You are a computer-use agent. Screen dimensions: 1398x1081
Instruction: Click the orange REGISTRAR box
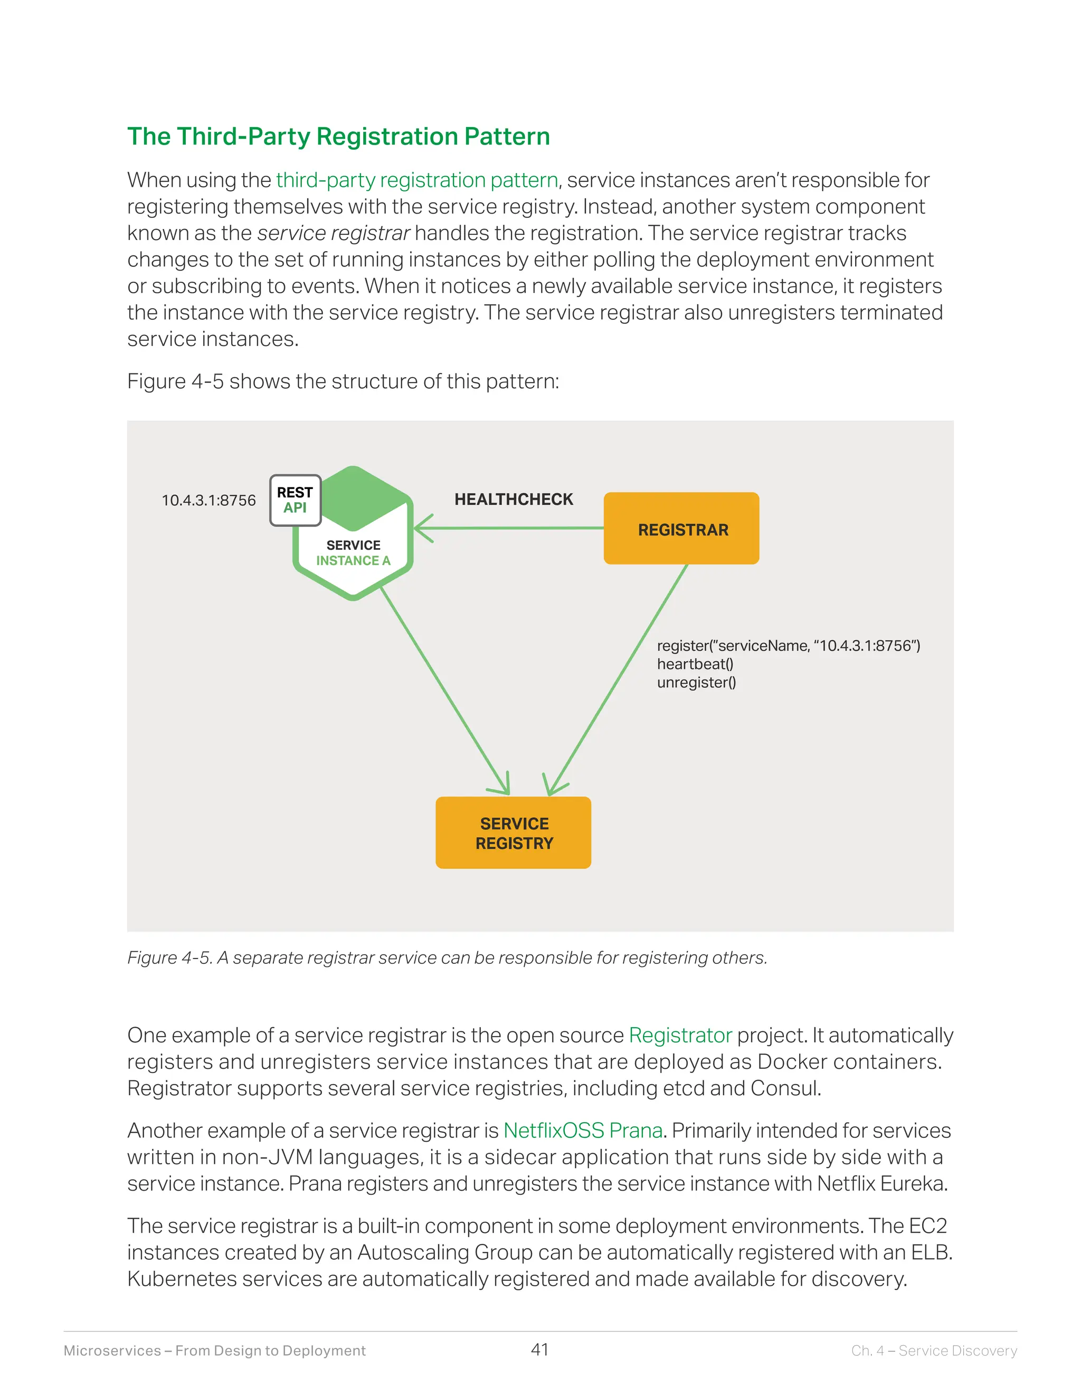(681, 529)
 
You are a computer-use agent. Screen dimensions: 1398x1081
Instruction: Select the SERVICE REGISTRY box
(513, 833)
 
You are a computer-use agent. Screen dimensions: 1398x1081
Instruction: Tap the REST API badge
(295, 500)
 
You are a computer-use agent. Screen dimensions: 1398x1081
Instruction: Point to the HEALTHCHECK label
(514, 499)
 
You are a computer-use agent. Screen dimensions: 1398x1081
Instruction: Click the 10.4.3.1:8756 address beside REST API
(209, 501)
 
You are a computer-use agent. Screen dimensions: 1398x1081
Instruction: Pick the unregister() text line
(696, 682)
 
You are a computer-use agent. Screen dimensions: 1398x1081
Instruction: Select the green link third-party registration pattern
(417, 180)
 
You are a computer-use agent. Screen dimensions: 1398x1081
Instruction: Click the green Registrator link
(680, 1035)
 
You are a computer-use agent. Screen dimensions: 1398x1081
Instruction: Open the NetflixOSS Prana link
(583, 1131)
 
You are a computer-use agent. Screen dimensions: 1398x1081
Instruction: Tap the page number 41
(540, 1349)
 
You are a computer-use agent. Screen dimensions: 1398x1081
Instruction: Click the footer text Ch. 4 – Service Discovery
(934, 1351)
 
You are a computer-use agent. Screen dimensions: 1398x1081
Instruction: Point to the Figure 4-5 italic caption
(447, 957)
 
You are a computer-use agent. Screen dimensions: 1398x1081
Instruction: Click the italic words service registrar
(333, 234)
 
